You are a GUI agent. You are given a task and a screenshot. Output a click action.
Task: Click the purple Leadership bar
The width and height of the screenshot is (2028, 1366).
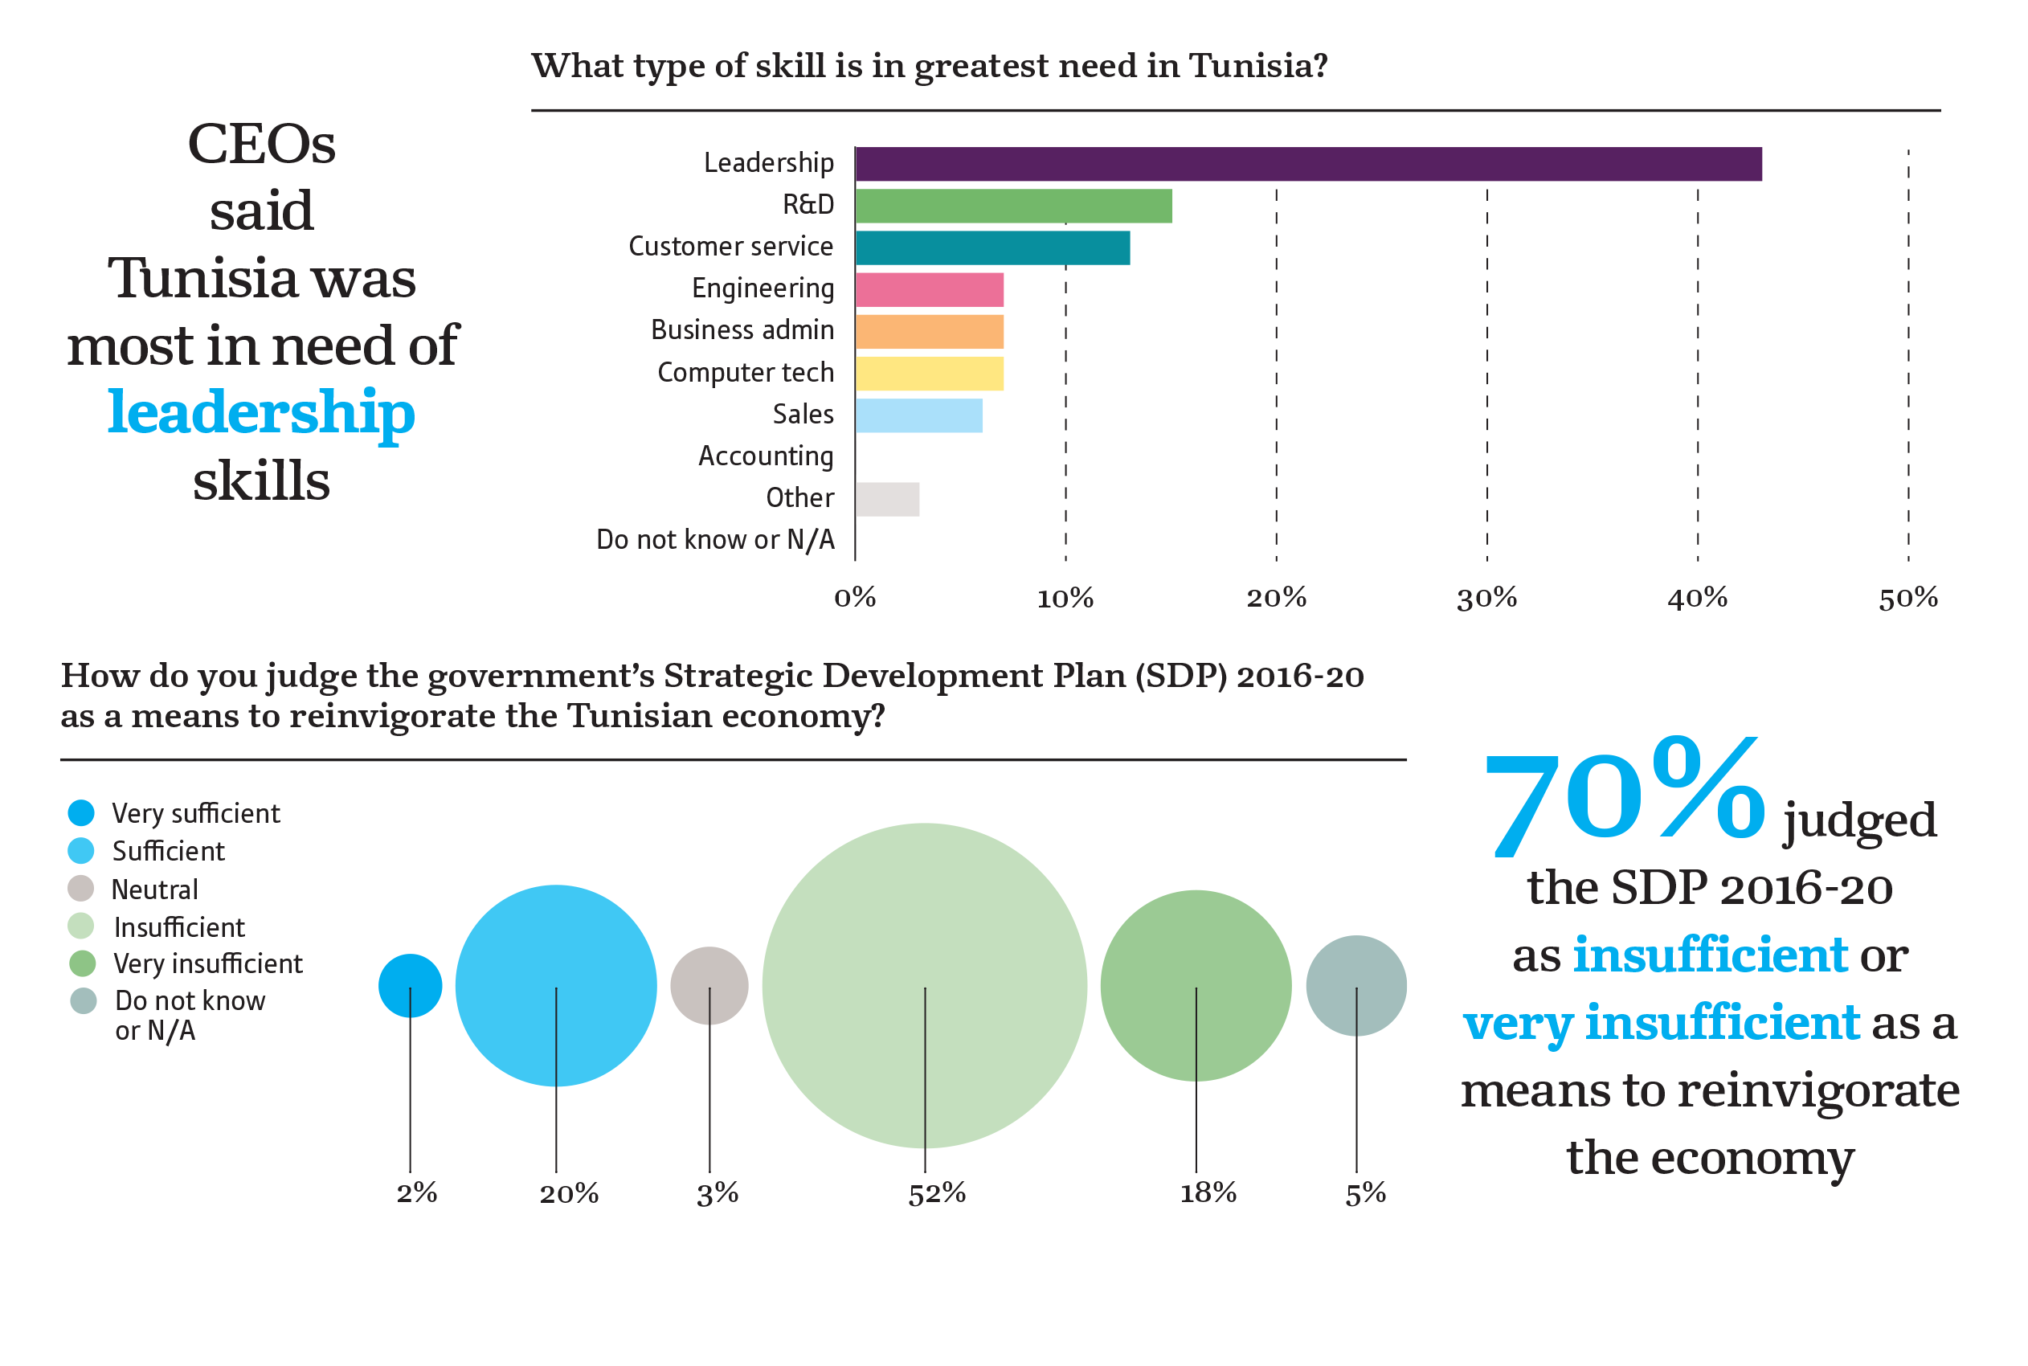1306,164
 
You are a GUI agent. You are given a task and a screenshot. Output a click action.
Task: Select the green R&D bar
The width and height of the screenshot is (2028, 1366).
1013,206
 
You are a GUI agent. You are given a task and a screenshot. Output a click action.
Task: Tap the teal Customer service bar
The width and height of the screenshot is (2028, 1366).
992,247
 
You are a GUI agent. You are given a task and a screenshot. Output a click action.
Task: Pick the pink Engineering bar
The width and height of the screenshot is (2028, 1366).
929,289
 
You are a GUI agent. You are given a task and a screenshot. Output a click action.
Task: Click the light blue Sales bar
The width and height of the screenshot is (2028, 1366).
918,415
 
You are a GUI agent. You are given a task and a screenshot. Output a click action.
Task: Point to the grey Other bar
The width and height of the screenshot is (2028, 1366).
887,499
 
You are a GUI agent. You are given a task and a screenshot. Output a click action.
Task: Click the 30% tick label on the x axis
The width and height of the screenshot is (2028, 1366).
1486,598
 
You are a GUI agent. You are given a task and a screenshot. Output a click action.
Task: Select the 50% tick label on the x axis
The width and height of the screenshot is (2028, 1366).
1907,598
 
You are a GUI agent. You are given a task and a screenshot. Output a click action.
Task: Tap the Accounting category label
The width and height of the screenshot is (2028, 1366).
766,456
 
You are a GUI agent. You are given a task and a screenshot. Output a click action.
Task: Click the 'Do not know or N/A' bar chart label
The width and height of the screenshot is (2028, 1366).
715,540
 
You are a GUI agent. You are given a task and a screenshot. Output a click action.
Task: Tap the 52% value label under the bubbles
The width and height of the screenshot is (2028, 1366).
937,1192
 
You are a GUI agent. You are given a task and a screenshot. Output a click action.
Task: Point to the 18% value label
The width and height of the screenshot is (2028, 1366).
1208,1192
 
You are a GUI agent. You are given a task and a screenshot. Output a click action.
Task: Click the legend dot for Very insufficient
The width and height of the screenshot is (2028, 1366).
82,963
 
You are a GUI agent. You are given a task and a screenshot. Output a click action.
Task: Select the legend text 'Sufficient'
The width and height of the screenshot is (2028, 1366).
168,851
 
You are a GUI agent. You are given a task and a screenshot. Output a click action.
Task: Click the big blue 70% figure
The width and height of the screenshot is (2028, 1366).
1624,797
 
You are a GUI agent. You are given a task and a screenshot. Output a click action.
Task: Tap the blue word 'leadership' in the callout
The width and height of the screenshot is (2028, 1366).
261,413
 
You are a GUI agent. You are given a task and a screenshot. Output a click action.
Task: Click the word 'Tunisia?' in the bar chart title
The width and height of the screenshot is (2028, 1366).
1258,66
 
